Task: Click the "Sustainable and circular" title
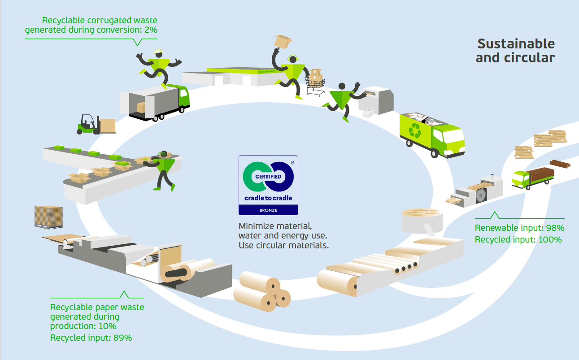point(515,51)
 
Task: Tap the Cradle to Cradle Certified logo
point(268,179)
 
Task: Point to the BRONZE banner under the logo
point(268,210)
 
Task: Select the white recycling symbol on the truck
point(415,131)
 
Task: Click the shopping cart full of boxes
point(315,83)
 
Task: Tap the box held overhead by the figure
point(283,42)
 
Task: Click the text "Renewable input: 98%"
point(519,228)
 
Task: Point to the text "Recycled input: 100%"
point(518,239)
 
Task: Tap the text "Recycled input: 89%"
point(91,338)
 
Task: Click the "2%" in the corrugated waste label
point(150,30)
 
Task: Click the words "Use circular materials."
point(283,245)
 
